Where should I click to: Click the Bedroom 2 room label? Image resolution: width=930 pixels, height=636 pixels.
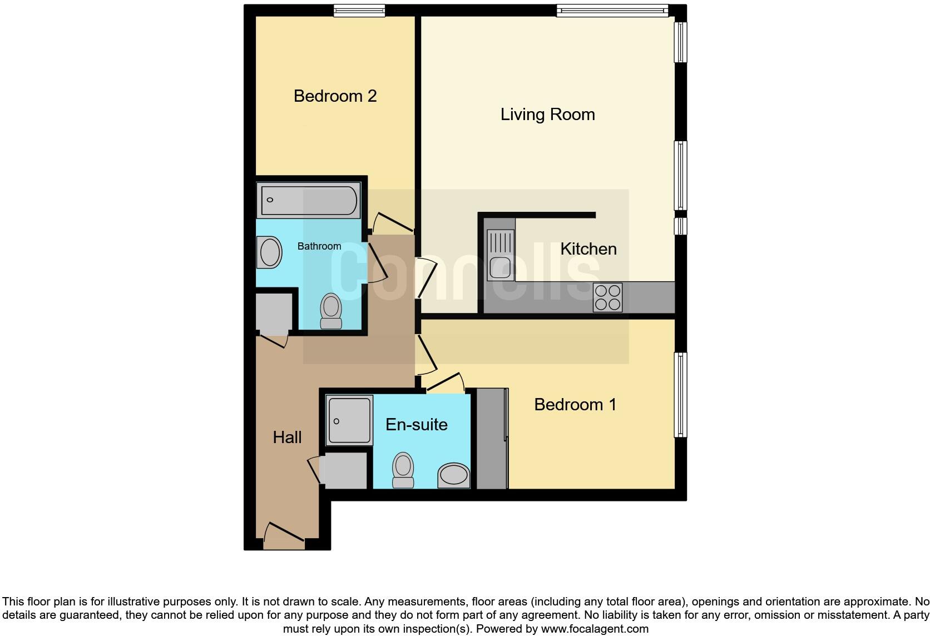[x=335, y=96]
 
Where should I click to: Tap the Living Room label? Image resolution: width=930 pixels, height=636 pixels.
[x=547, y=115]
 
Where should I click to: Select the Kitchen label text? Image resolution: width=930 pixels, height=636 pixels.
[x=588, y=249]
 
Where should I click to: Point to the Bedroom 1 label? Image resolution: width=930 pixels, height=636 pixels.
[x=575, y=404]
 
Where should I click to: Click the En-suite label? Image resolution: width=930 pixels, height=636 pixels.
[x=417, y=425]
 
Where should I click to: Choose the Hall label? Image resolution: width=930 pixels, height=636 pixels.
[x=287, y=438]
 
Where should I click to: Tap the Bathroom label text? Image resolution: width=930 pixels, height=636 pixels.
[x=319, y=246]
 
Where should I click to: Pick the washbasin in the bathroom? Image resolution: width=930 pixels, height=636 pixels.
[x=270, y=252]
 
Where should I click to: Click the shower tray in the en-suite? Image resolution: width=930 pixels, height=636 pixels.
[x=349, y=420]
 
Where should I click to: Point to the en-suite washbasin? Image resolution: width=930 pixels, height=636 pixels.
[x=453, y=476]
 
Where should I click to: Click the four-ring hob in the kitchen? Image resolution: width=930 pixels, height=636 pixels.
[x=607, y=297]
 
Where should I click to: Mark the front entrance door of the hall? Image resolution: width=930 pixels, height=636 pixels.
[x=284, y=535]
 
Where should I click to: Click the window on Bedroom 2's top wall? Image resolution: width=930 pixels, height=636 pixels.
[x=359, y=11]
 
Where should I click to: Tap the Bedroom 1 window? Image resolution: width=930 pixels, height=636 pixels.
[x=680, y=395]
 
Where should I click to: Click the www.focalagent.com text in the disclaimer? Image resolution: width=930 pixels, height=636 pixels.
[x=594, y=629]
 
